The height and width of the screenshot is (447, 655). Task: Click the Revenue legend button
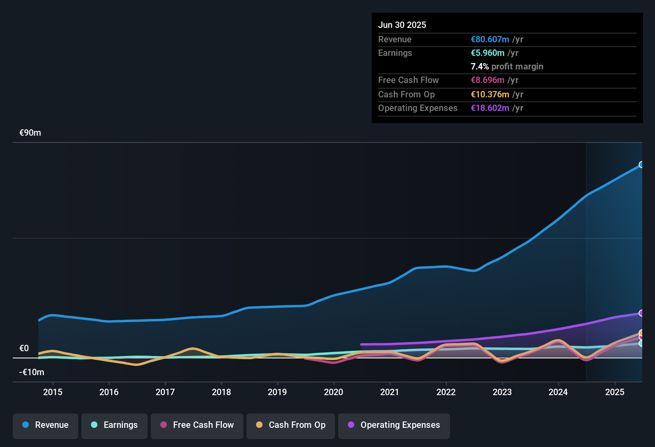[45, 425]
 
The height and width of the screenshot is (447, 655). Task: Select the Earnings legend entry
[114, 425]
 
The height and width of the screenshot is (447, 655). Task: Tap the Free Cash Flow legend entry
[197, 425]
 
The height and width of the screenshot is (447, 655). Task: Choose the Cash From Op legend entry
[291, 425]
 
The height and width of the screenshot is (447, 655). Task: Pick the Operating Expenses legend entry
[394, 425]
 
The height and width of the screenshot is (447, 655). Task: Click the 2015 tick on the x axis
[53, 392]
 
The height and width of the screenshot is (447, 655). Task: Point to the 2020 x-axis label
[333, 392]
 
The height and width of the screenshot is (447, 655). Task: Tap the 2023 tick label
[502, 392]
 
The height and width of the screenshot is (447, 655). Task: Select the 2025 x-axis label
[615, 392]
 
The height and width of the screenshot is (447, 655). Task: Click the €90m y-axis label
[30, 133]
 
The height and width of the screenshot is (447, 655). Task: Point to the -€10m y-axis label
[32, 372]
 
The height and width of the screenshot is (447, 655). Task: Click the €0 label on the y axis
[24, 348]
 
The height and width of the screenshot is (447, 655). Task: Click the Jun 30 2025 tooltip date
[402, 25]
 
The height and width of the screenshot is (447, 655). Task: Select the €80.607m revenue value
[490, 39]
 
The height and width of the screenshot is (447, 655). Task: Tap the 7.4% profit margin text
[507, 66]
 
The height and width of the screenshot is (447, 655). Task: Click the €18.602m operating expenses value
[490, 108]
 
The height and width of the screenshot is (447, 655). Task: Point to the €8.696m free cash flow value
[487, 80]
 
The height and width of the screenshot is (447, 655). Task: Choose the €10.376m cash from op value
[490, 94]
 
